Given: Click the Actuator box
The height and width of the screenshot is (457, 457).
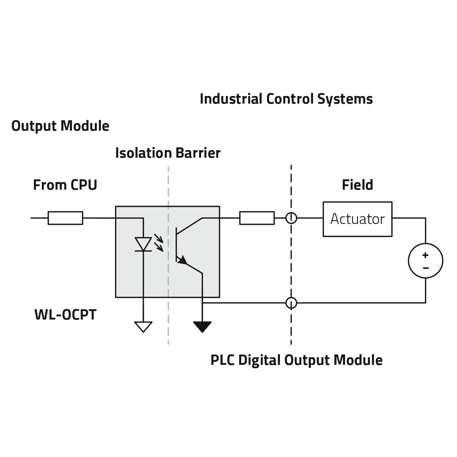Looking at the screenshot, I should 357,219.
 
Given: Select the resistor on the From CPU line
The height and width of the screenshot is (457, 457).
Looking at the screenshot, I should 65,218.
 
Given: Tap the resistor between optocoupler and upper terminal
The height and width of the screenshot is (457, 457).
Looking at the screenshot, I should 257,218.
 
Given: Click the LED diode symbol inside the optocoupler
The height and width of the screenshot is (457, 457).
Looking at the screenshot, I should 144,244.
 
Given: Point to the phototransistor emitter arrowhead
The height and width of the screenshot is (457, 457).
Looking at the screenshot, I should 183,260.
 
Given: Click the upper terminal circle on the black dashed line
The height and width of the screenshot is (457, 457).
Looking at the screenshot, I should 291,218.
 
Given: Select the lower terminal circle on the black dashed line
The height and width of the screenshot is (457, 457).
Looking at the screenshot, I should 291,303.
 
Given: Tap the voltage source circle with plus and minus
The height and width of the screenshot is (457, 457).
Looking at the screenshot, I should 425,261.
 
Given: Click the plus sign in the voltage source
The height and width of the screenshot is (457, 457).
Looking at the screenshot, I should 425,255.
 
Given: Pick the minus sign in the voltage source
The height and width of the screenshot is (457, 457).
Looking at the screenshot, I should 425,268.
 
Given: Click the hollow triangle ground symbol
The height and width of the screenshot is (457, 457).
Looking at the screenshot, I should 143,327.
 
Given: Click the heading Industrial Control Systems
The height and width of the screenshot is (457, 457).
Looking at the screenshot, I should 286,99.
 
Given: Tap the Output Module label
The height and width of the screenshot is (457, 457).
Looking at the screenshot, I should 60,126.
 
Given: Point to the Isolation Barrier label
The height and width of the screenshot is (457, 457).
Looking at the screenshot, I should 168,153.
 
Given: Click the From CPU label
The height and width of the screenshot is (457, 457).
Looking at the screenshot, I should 65,185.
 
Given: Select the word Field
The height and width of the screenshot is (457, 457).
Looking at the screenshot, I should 357,185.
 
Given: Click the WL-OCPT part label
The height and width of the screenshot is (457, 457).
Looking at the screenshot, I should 65,315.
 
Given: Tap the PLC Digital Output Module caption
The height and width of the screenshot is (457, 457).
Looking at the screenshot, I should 296,360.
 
